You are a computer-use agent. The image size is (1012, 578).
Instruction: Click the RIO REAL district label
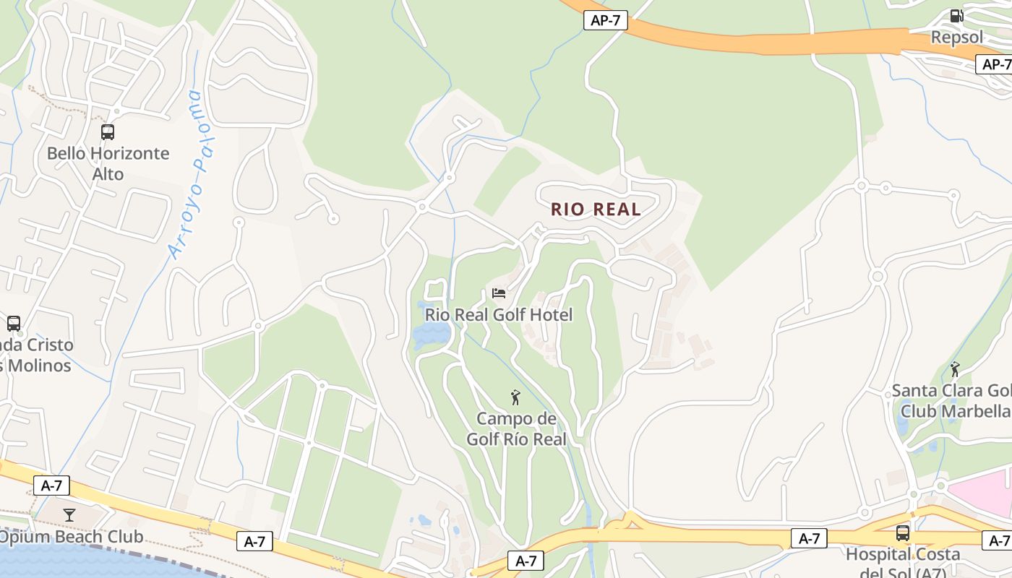[596, 210]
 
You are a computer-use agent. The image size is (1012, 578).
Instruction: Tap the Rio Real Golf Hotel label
[498, 314]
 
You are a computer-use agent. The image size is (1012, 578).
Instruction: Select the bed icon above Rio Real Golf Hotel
[499, 293]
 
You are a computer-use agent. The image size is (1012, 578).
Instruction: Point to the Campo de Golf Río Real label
[516, 428]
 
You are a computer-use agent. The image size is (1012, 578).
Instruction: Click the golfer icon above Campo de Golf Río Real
[515, 397]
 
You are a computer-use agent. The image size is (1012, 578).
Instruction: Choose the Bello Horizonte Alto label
[108, 163]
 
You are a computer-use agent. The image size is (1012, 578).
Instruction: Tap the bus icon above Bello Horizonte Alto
[108, 132]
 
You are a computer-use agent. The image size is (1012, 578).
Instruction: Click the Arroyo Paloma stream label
[185, 173]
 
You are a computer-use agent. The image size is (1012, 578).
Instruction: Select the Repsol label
[956, 38]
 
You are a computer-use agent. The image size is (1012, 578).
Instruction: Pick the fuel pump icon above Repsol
[956, 16]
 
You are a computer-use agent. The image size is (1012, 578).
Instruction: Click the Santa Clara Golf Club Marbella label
[951, 400]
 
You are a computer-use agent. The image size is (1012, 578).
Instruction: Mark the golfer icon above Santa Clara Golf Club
[955, 369]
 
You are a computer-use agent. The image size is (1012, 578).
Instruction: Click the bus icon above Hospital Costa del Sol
[903, 533]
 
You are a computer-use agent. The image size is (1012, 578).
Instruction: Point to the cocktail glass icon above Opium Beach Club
[69, 515]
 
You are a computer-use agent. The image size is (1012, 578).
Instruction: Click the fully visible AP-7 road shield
[605, 21]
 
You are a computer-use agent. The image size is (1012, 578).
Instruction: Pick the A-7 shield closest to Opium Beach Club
[51, 486]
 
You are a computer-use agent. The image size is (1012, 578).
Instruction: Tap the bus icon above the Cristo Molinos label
[13, 324]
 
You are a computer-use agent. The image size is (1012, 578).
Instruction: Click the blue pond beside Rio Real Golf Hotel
[432, 335]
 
